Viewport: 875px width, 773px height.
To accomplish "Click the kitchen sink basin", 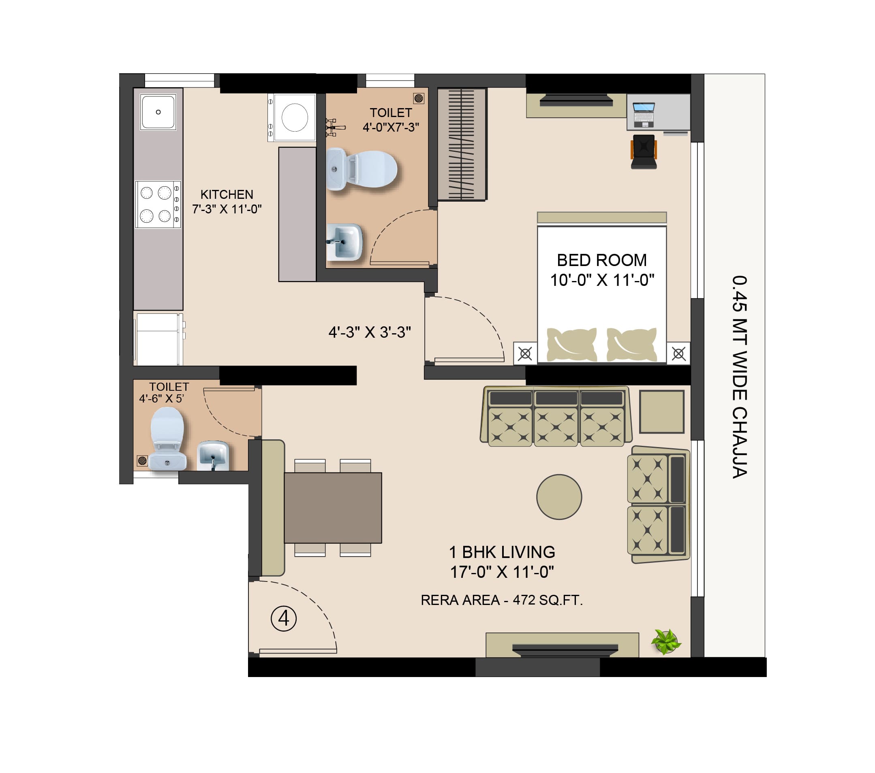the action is pos(158,112).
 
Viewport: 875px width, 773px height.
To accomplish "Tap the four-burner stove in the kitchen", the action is pos(158,204).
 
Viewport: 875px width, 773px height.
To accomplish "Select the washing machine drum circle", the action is pos(295,117).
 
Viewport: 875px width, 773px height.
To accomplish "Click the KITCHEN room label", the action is pos(227,194).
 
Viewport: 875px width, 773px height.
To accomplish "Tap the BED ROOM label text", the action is pos(601,260).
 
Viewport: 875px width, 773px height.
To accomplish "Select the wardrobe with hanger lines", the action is pos(462,144).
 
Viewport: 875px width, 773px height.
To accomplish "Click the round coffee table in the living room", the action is pos(559,497).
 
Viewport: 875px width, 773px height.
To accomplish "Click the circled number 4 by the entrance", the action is pos(284,619).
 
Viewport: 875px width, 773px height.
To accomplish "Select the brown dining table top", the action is pos(333,508).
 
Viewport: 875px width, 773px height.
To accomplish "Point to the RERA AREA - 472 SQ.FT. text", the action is pos(502,600).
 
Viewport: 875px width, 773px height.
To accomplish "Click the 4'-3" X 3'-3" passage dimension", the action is pos(370,332).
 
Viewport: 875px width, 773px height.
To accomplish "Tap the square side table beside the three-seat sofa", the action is pos(662,411).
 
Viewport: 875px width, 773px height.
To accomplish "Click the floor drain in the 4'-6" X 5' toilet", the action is pos(142,461).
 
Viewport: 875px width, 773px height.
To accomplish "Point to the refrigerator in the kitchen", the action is pos(159,339).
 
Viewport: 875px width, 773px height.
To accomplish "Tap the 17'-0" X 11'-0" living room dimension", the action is pos(502,572).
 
